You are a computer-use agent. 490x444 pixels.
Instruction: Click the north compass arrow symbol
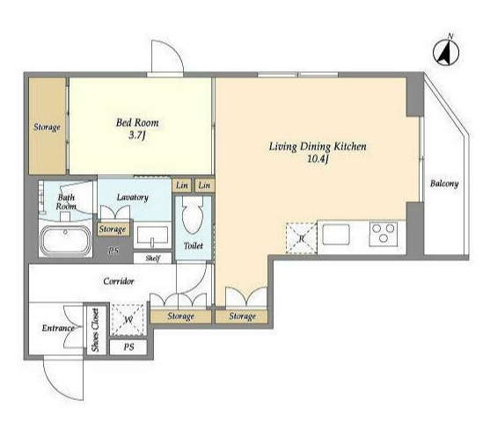[446, 52]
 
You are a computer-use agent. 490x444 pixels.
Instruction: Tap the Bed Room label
[137, 122]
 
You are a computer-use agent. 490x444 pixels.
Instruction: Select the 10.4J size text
[318, 159]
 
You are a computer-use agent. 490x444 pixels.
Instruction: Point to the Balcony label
[444, 183]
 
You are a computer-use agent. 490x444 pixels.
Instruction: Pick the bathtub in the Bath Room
[66, 241]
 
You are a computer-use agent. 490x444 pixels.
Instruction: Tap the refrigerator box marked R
[301, 237]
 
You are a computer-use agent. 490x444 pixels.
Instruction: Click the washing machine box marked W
[128, 319]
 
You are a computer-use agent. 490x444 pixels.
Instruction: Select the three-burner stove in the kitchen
[384, 234]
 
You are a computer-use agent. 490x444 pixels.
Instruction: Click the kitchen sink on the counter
[336, 234]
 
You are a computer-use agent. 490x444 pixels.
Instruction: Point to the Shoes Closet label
[95, 330]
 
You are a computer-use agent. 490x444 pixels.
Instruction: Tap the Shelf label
[153, 258]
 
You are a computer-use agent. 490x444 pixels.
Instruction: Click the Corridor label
[119, 281]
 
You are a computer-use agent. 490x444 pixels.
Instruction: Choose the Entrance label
[58, 328]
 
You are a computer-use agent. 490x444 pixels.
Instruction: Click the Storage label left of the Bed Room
[47, 127]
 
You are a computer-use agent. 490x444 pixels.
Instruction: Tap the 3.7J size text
[137, 135]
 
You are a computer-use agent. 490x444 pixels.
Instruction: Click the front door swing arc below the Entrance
[59, 385]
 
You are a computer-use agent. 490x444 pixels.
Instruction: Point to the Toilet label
[194, 245]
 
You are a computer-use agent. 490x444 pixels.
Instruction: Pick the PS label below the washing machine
[128, 347]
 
